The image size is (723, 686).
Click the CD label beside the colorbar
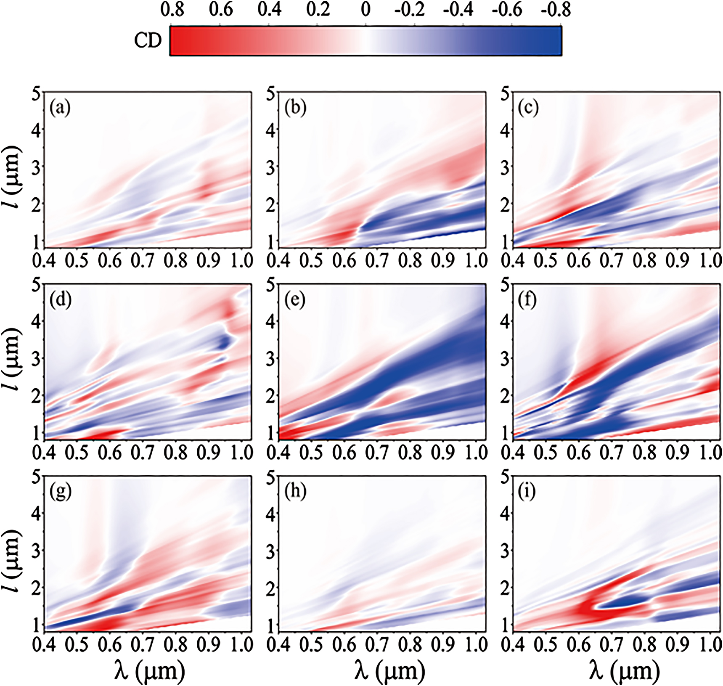[148, 41]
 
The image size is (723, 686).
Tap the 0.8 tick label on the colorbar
[172, 10]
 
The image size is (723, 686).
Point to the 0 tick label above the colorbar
[365, 10]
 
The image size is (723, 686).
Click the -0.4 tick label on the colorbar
[458, 10]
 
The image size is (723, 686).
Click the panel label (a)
[60, 108]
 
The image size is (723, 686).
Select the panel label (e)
[294, 300]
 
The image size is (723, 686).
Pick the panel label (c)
[529, 108]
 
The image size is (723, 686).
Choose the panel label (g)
[60, 492]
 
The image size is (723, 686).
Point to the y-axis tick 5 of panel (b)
[271, 94]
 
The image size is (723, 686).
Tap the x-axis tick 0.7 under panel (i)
[611, 644]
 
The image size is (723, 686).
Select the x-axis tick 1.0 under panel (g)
[242, 644]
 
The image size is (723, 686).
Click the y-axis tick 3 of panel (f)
[506, 359]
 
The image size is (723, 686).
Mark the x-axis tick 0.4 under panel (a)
[44, 261]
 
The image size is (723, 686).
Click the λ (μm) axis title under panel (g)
[150, 670]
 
